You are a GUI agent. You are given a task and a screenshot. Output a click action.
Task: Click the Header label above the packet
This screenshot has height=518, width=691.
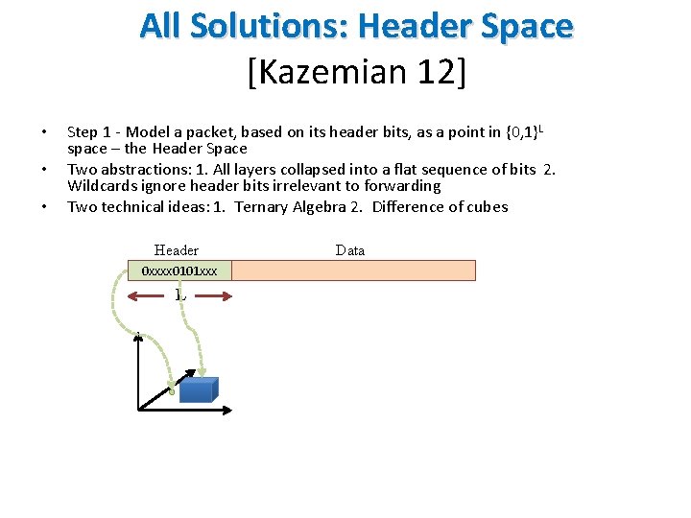[177, 250]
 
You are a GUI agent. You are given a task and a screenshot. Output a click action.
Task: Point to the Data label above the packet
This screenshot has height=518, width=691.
[350, 250]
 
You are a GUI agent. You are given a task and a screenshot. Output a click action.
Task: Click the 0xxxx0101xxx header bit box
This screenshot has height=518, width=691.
[179, 271]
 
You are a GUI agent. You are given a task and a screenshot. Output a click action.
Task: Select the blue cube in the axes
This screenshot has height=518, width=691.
[199, 388]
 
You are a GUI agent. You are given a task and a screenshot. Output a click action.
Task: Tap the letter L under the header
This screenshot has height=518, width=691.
[180, 294]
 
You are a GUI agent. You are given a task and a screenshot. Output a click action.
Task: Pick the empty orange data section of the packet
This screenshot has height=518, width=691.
[353, 271]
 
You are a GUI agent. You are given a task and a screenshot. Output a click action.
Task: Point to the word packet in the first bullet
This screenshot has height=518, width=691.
[203, 131]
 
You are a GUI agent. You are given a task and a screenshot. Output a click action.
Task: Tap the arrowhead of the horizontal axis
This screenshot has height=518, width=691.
[227, 412]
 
